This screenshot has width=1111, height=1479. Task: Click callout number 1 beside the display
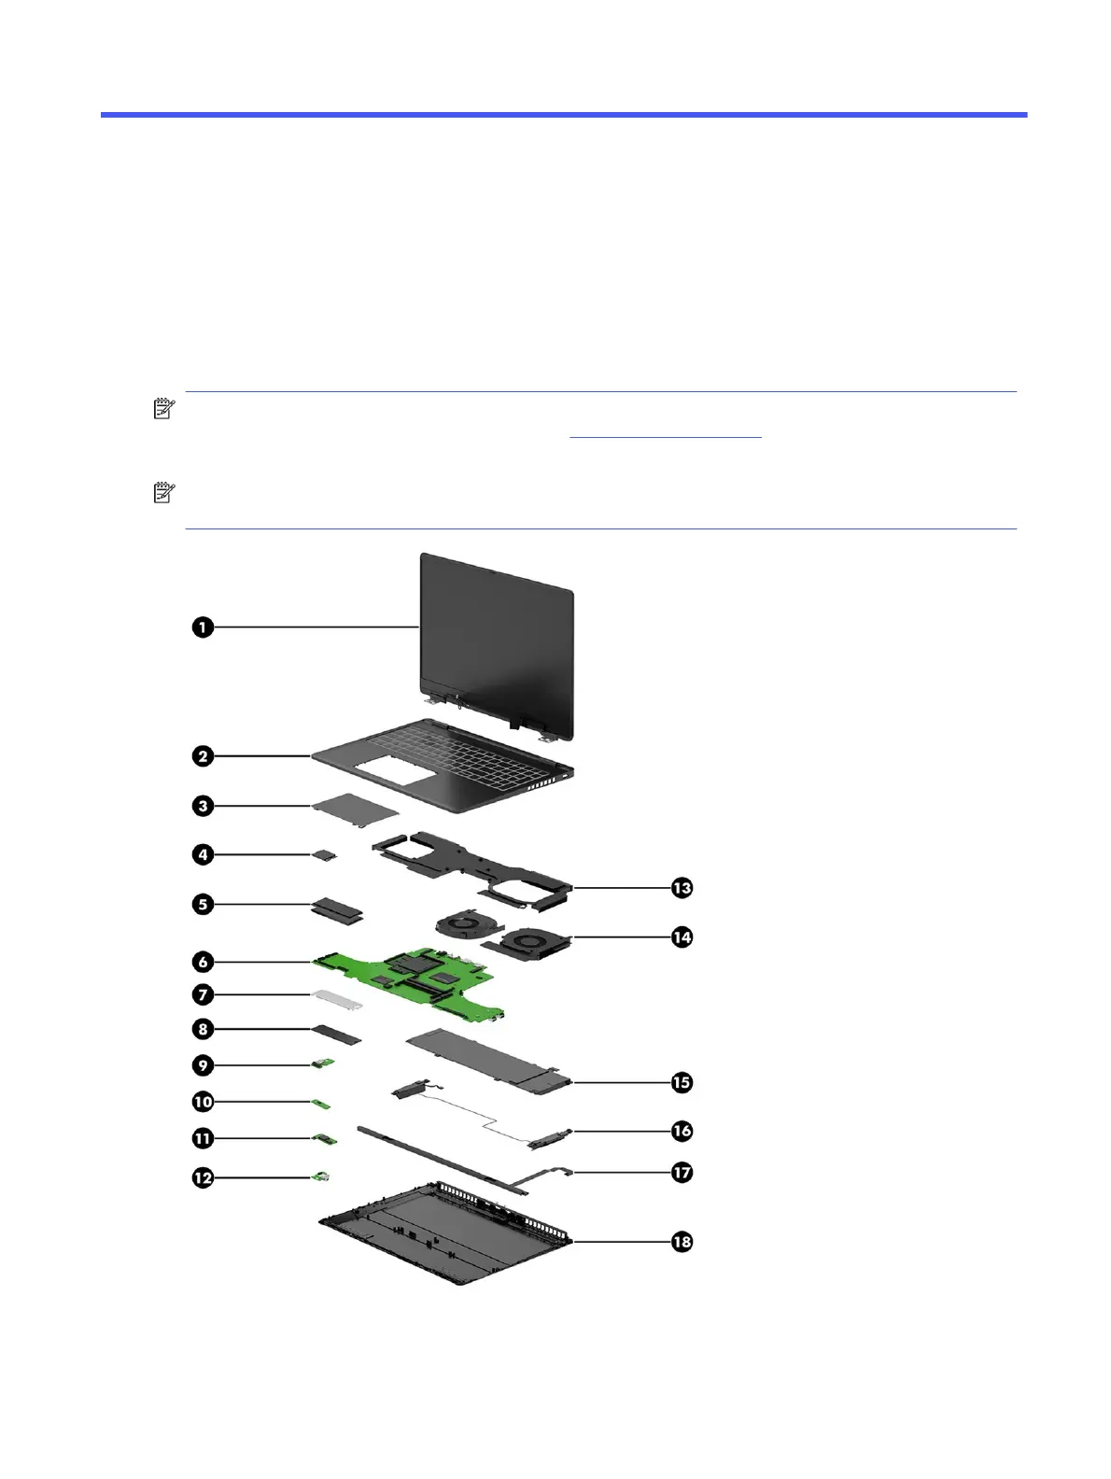203,627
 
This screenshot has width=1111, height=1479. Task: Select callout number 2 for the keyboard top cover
203,756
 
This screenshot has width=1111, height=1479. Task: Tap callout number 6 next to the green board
203,961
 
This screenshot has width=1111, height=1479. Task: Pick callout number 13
682,887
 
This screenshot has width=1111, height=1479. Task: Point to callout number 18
682,1242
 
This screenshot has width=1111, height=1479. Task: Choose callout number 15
682,1083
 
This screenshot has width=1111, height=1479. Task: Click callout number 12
203,1178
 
